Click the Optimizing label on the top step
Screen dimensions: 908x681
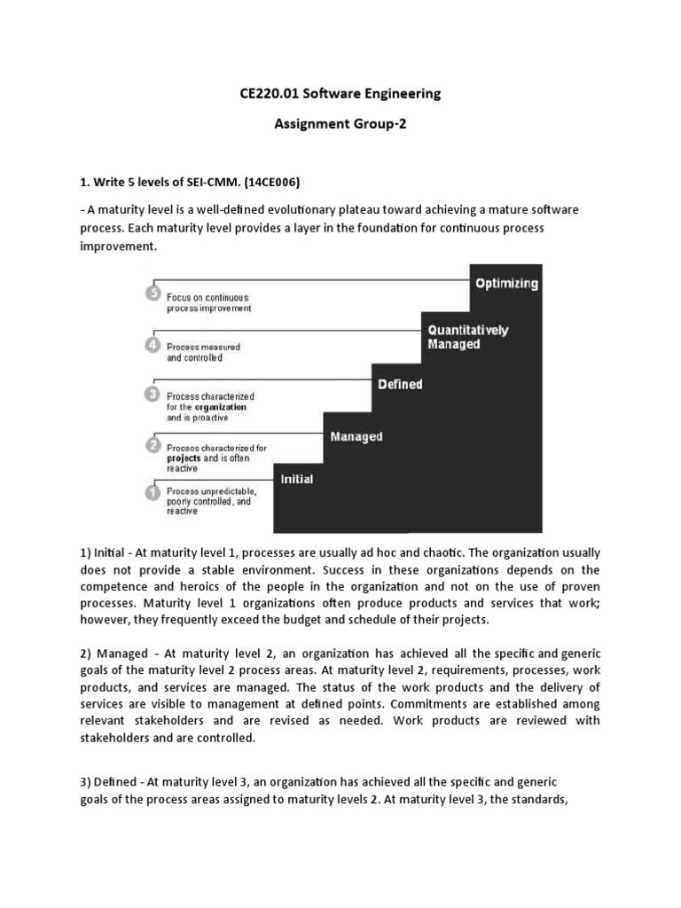pyautogui.click(x=506, y=284)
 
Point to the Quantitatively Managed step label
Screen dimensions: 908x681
pyautogui.click(x=468, y=337)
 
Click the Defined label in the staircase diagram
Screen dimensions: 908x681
pyautogui.click(x=400, y=385)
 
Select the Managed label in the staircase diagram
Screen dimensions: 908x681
pyautogui.click(x=356, y=436)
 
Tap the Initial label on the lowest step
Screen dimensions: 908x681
pyautogui.click(x=297, y=479)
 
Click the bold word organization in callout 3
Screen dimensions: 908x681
pyautogui.click(x=221, y=407)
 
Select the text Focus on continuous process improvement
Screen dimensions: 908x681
pyautogui.click(x=208, y=303)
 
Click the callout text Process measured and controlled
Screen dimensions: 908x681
pyautogui.click(x=203, y=352)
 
